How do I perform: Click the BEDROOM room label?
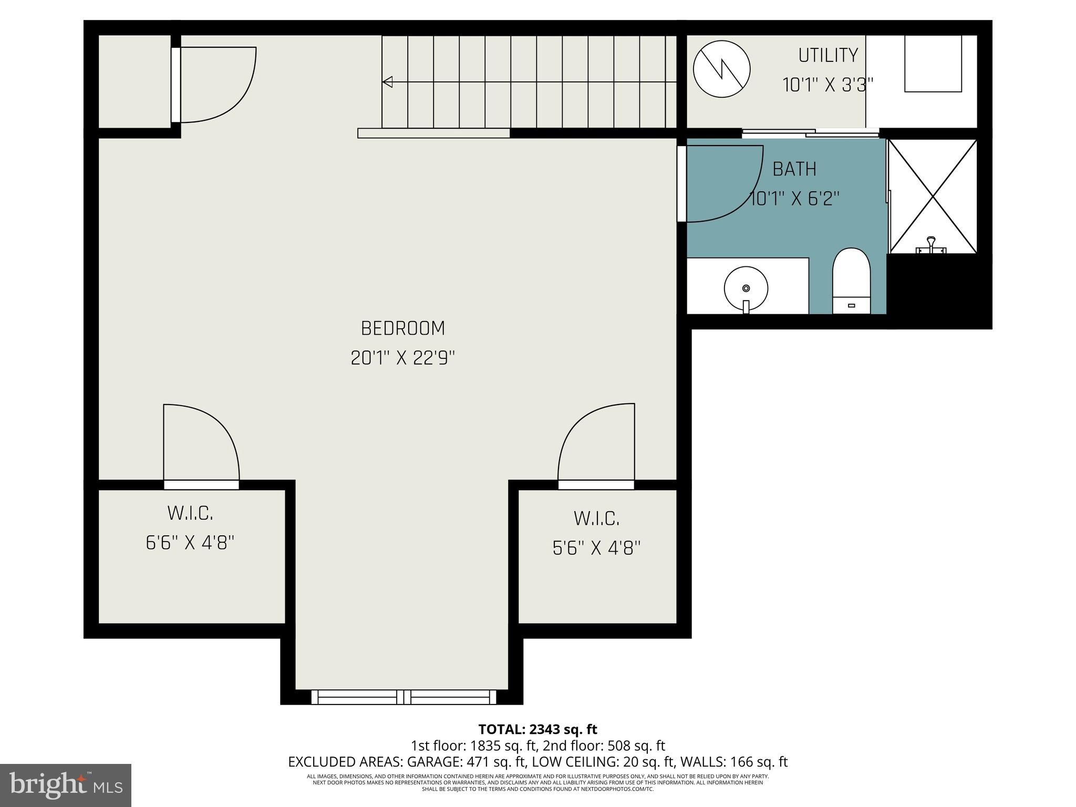pos(403,328)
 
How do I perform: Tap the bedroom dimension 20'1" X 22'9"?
pos(402,358)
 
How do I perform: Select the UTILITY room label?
pos(828,55)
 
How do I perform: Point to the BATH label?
pos(794,169)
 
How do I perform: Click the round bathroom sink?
pos(746,288)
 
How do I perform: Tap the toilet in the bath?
pos(851,281)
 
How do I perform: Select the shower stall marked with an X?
pos(933,196)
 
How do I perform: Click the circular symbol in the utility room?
pos(721,69)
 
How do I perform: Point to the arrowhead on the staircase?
pos(388,82)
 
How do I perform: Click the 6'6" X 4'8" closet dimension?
pos(190,543)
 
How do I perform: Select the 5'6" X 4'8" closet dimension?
pos(596,549)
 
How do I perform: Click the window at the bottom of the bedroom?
pos(403,697)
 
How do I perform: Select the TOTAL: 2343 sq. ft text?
pos(537,729)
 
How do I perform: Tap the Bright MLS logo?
pos(66,785)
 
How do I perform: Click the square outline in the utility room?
pos(933,64)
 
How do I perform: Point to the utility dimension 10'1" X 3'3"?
pos(828,85)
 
